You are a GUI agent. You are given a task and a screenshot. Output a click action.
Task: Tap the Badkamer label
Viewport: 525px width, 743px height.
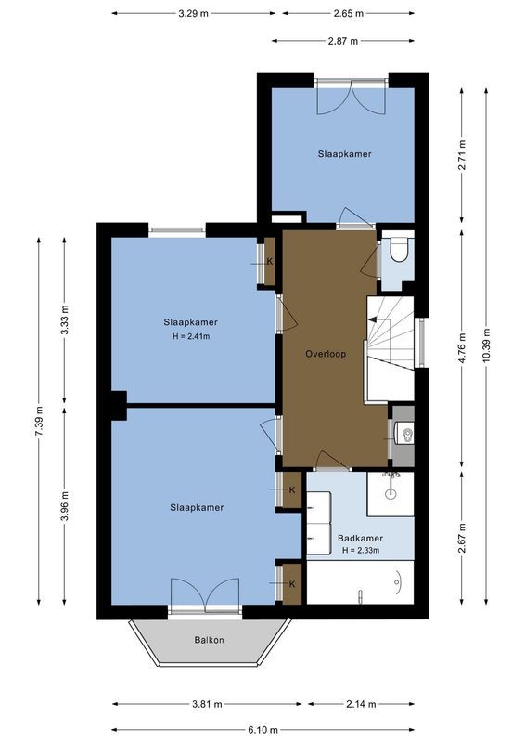[360, 538]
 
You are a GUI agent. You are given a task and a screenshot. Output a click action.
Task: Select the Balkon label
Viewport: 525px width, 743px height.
[209, 640]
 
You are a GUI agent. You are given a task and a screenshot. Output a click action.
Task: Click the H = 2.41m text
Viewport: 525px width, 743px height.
[191, 336]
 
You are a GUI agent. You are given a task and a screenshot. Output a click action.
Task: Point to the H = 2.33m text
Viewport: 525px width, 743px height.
[360, 551]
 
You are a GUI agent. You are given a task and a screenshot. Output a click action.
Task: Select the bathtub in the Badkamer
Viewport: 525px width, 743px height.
[360, 582]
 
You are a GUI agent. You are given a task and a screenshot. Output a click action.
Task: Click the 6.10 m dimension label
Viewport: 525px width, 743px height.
[263, 729]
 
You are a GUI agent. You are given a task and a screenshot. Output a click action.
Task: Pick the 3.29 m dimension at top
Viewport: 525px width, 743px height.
[193, 13]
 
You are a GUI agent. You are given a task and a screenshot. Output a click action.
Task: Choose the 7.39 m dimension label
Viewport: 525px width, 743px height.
[39, 421]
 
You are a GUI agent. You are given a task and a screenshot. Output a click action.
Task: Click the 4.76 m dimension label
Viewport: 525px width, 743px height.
[461, 343]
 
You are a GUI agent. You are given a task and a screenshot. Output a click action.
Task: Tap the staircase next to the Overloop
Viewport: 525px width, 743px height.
[389, 348]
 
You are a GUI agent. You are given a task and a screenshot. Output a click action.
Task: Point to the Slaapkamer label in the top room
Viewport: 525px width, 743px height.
[344, 154]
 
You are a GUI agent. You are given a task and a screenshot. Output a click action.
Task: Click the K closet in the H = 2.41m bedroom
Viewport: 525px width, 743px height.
[269, 260]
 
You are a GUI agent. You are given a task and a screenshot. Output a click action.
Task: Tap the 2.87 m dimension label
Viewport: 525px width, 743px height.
[343, 41]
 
